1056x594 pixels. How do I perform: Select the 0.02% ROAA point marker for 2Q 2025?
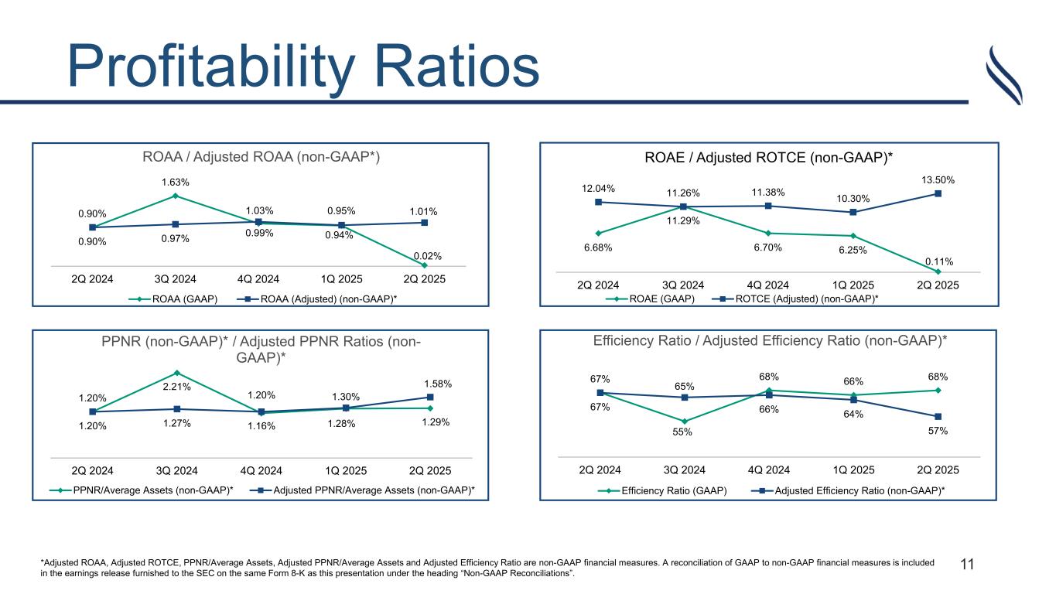[425, 265]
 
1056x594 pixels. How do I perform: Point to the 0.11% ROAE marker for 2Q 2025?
[938, 271]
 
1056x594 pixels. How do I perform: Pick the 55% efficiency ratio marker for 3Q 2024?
[684, 421]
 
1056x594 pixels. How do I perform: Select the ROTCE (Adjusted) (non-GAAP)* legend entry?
[801, 299]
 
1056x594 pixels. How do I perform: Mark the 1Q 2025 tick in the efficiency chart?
[853, 469]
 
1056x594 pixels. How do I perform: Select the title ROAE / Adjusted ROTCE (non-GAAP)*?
[768, 158]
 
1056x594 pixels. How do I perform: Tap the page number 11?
[966, 565]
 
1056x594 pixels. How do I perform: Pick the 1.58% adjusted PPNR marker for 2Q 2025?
[430, 398]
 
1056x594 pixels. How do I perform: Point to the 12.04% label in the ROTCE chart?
[597, 188]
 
